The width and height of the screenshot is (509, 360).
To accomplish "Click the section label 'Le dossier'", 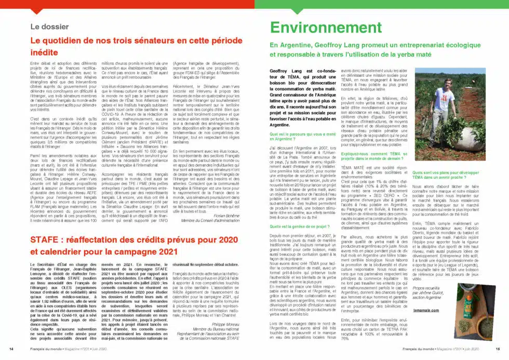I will (x=49, y=26).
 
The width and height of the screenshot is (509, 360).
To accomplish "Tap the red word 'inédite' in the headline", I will (x=44, y=52).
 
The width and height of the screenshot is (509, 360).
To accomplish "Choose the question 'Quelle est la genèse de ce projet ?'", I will (x=300, y=226).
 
